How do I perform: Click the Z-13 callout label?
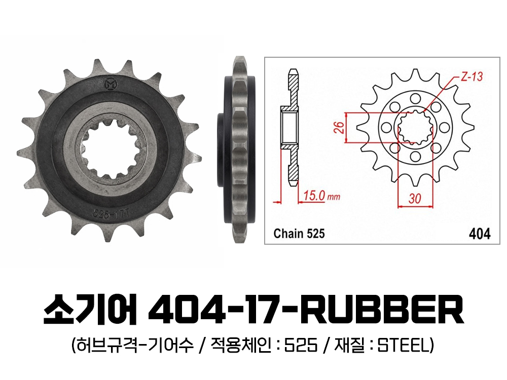471,77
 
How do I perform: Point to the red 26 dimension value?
339,127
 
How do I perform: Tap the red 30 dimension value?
415,198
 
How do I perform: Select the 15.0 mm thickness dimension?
321,196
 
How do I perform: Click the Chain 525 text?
299,233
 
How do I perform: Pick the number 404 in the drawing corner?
480,234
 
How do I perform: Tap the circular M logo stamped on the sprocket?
111,84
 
